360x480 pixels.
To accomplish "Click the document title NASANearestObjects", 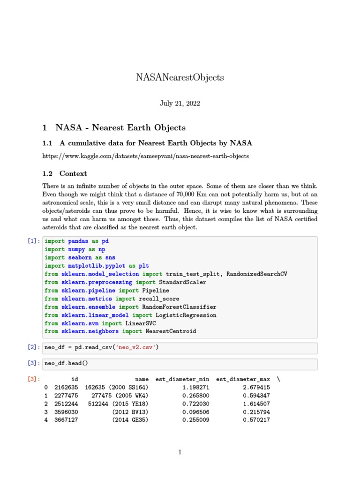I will (180, 77).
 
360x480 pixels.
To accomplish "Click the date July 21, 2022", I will (180, 103).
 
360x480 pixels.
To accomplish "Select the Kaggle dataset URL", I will (145, 156).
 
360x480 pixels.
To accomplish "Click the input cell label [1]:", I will (34, 241).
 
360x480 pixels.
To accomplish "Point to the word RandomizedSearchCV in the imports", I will (256, 274).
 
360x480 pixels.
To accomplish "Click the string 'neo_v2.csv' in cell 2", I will (135, 347).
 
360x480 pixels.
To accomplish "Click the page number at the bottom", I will (180, 452).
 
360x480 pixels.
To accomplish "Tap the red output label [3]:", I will (34, 379).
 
